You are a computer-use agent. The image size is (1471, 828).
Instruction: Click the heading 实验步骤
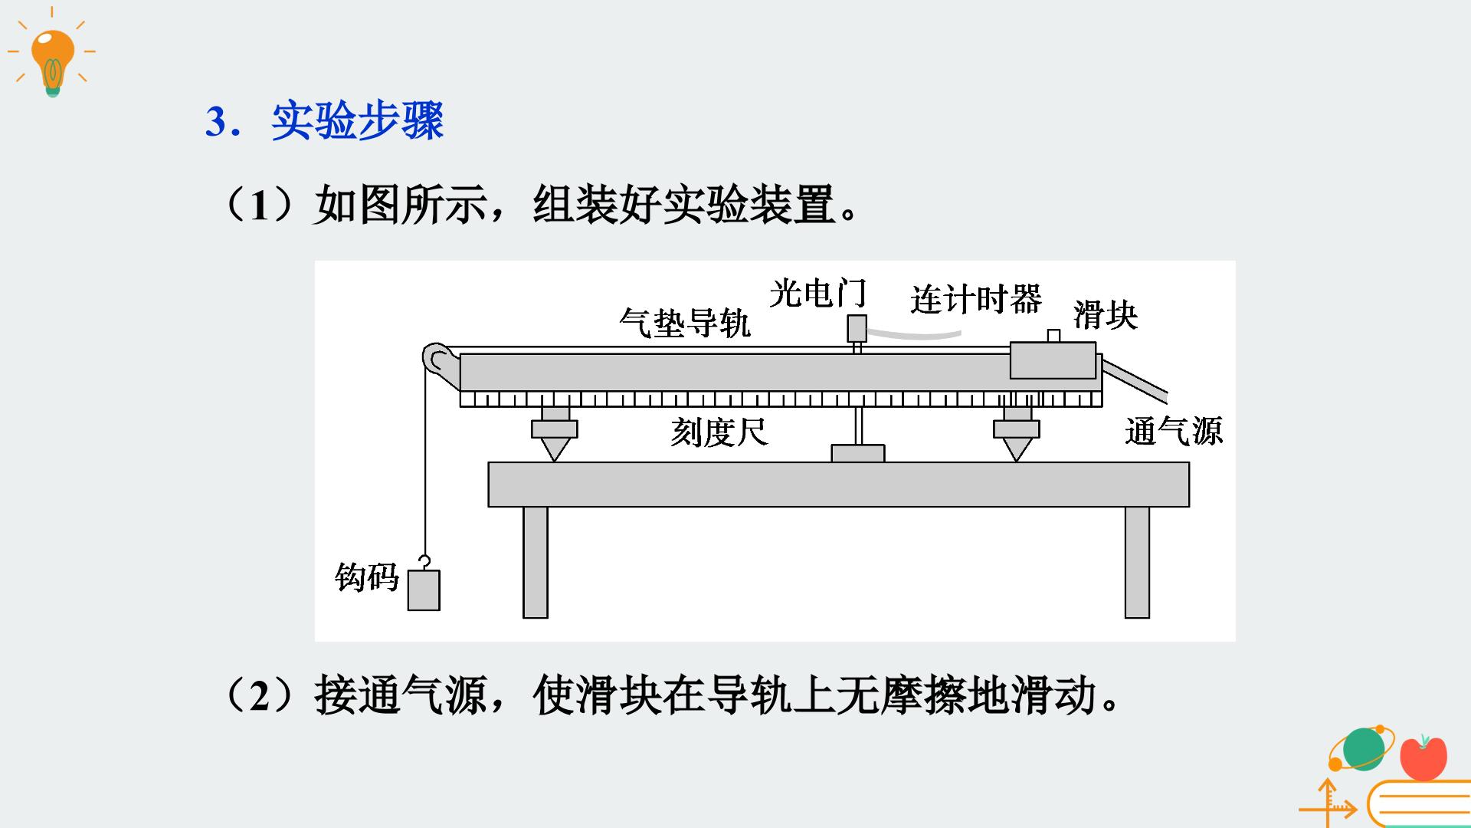click(x=358, y=120)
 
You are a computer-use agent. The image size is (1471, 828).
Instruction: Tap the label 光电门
click(x=817, y=293)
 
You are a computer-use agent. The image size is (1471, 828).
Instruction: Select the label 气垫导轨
click(x=685, y=323)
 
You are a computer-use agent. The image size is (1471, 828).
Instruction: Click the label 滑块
click(x=1106, y=315)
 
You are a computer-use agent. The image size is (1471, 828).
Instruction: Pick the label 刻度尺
click(x=719, y=432)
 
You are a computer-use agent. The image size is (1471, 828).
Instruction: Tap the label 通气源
click(x=1174, y=431)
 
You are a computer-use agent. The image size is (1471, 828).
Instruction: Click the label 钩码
click(x=367, y=577)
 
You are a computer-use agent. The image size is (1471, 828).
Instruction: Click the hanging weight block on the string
click(x=424, y=590)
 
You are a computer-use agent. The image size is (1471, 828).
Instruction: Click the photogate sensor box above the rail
click(x=857, y=328)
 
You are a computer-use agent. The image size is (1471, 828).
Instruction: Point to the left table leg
click(x=536, y=562)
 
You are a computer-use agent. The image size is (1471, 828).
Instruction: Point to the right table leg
click(x=1138, y=562)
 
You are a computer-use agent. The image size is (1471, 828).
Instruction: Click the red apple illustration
click(x=1423, y=757)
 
